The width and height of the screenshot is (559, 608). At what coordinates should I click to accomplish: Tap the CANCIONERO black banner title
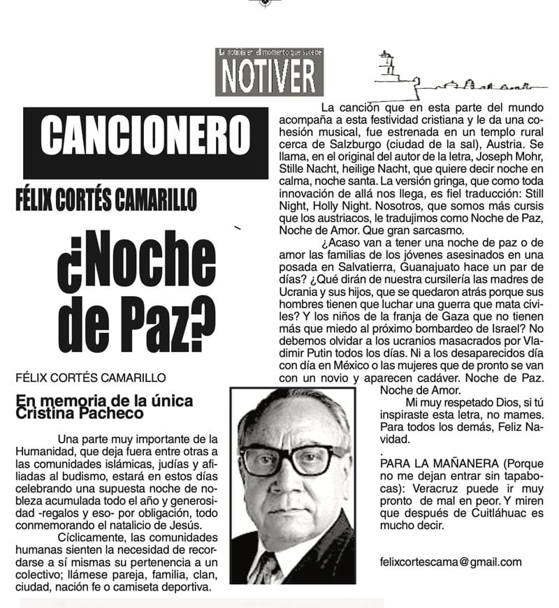[145, 135]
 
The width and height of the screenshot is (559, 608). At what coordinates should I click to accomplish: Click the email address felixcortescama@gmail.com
[451, 561]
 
